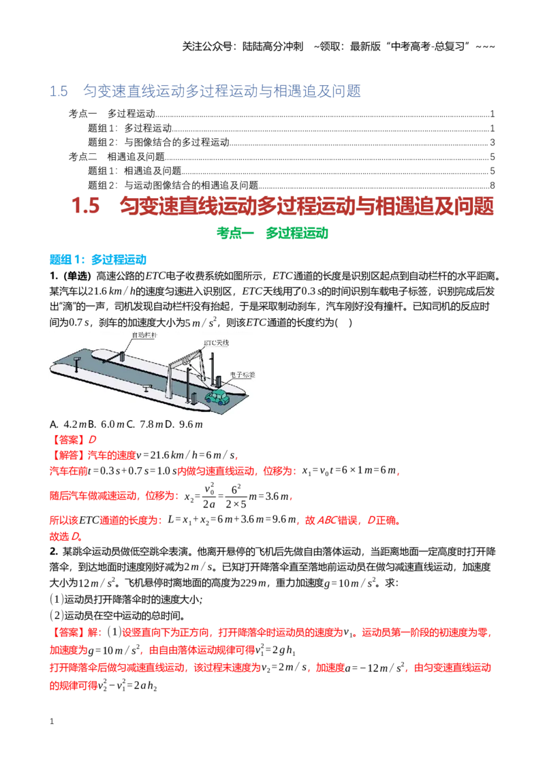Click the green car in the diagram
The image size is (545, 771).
pos(218,396)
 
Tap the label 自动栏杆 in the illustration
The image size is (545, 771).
pos(144,335)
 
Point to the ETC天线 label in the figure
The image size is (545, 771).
pos(217,343)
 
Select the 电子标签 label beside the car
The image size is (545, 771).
pos(243,375)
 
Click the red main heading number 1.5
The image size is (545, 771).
pos(86,206)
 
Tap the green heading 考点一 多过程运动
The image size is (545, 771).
pos(272,233)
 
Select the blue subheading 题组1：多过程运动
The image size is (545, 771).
pos(98,259)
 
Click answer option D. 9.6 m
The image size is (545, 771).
pos(184,424)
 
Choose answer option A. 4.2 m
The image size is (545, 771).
pos(68,424)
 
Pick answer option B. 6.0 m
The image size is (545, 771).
pos(106,424)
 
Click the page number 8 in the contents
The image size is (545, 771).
pos(493,185)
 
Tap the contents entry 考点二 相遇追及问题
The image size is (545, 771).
pos(116,157)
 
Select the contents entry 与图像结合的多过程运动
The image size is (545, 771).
pos(176,142)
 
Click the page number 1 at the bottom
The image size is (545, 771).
pos(52,721)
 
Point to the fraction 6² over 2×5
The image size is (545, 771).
pos(236,497)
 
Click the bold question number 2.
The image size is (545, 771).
pos(54,551)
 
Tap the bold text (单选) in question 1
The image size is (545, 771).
pos(78,276)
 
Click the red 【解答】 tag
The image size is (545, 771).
pos(68,456)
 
